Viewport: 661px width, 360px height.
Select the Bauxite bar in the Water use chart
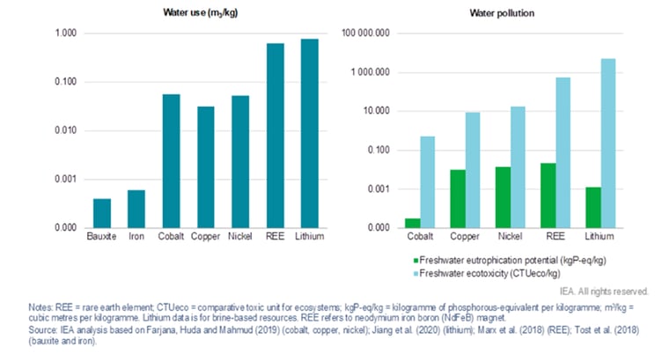(102, 213)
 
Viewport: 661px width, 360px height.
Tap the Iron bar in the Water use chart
(136, 209)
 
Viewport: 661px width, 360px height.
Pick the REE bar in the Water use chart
(274, 136)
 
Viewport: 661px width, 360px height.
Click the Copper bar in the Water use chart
(205, 166)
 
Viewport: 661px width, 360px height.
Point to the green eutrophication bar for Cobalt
(413, 223)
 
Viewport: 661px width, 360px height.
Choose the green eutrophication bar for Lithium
(595, 207)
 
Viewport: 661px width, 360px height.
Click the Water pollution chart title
(503, 12)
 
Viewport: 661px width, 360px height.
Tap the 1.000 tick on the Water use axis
(66, 33)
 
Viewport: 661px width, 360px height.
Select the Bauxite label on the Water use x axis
(102, 237)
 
